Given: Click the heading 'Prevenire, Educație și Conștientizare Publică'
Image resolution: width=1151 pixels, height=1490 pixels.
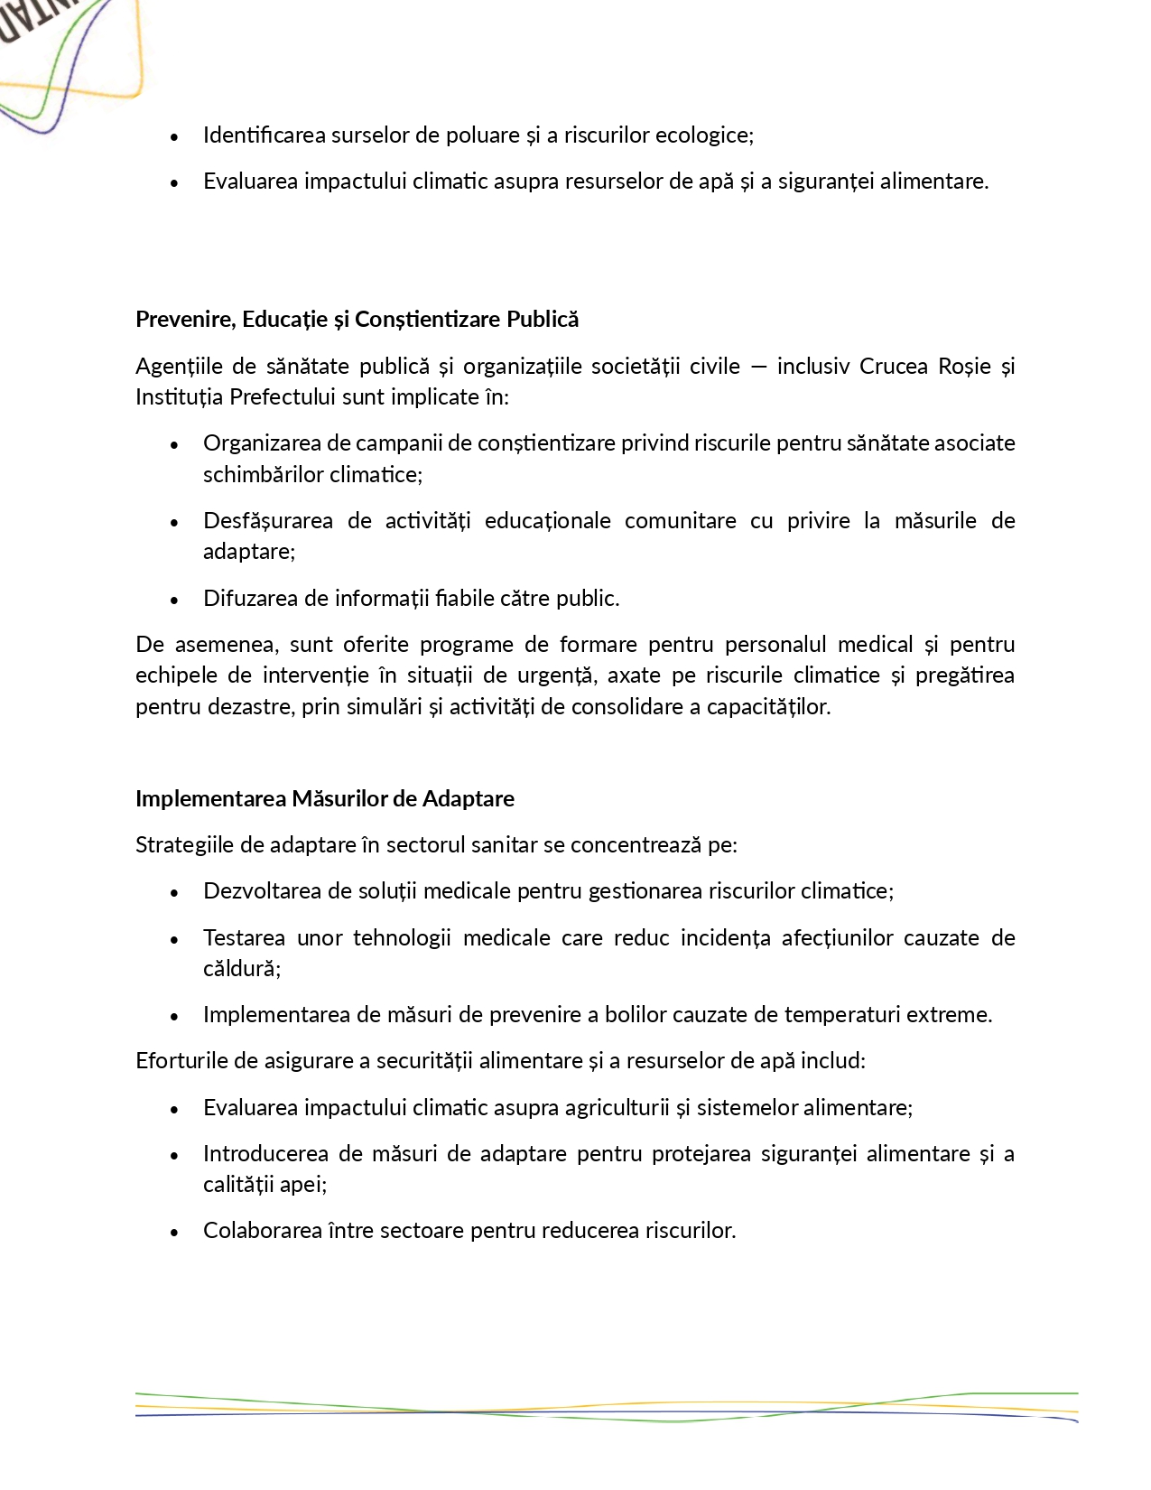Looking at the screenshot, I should (357, 320).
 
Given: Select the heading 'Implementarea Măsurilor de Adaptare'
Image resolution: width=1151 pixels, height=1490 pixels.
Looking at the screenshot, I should (325, 799).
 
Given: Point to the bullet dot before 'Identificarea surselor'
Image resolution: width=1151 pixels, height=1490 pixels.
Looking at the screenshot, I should (174, 136).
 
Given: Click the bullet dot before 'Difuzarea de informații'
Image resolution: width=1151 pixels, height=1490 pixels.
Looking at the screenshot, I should (174, 600).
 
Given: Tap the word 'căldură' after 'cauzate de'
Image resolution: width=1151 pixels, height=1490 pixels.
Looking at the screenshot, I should (239, 969).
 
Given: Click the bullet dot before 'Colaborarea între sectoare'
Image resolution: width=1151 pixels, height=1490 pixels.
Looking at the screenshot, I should (174, 1232).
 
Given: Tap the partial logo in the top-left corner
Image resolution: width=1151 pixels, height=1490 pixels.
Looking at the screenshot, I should (63, 54).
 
